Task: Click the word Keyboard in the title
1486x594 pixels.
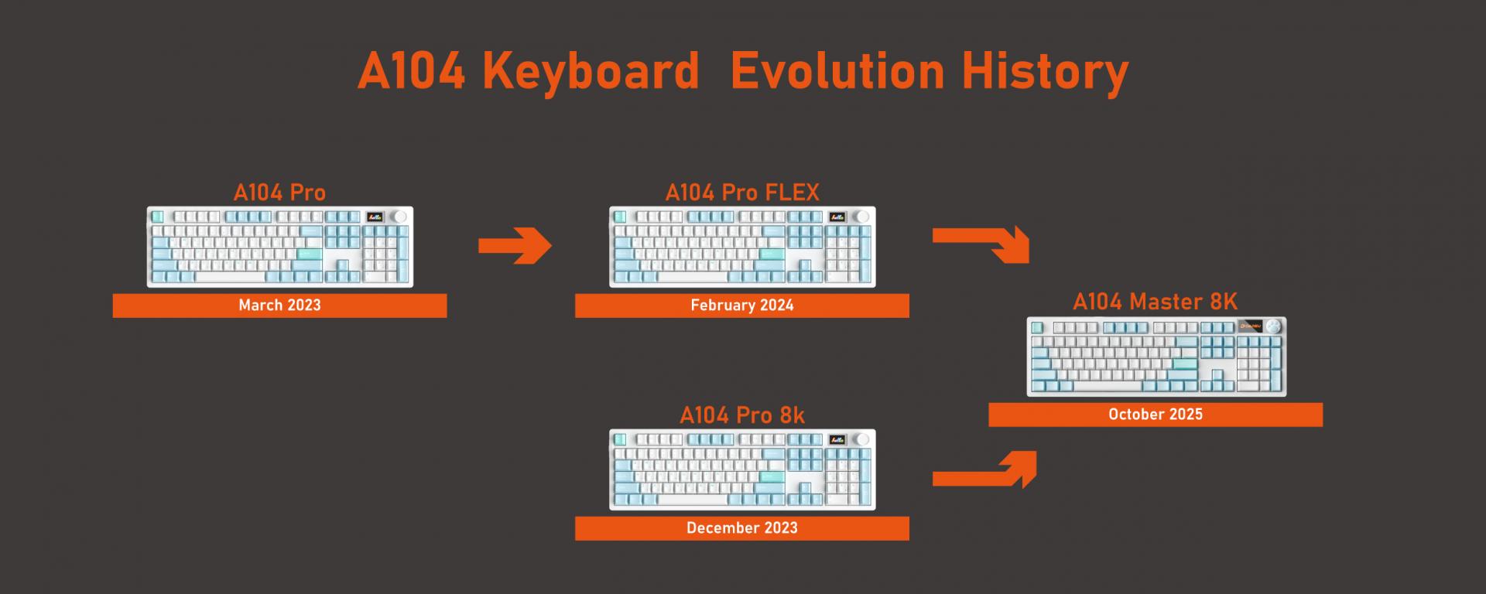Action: click(x=591, y=71)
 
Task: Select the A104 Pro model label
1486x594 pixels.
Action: click(x=279, y=192)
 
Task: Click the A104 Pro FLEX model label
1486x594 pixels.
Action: click(x=742, y=192)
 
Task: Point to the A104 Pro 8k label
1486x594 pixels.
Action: click(x=742, y=415)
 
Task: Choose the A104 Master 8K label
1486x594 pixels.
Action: click(x=1156, y=301)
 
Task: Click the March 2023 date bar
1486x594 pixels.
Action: click(x=279, y=306)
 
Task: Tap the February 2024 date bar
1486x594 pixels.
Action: click(x=742, y=306)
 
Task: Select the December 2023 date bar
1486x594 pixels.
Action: click(x=742, y=528)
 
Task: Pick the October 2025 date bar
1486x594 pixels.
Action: click(x=1156, y=415)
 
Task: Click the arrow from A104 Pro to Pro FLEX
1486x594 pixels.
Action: click(x=515, y=246)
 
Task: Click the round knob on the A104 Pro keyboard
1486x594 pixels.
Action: click(x=400, y=217)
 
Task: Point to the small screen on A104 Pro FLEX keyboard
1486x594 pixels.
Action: click(x=837, y=217)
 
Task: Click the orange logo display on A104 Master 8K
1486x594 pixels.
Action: click(x=1250, y=326)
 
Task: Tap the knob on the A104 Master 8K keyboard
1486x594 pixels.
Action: click(x=1274, y=326)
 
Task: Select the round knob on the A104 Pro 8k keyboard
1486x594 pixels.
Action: click(x=863, y=439)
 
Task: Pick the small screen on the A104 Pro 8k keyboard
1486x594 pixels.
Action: click(x=837, y=439)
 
